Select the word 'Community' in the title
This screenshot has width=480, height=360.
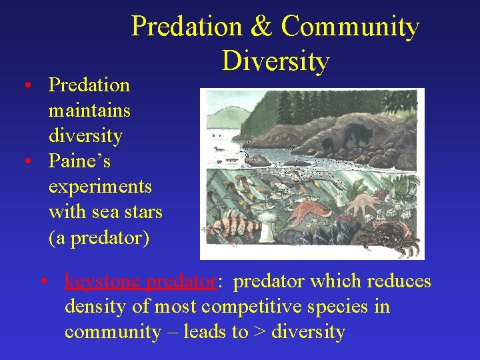pyautogui.click(x=350, y=27)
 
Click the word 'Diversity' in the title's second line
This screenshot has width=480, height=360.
pyautogui.click(x=275, y=61)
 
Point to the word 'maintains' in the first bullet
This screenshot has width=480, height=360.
pyautogui.click(x=89, y=111)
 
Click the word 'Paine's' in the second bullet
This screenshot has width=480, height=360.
pyautogui.click(x=79, y=161)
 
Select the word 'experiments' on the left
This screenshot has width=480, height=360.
pyautogui.click(x=100, y=187)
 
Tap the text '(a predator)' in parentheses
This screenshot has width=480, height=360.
pyautogui.click(x=99, y=238)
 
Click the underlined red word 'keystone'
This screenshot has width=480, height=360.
pyautogui.click(x=103, y=282)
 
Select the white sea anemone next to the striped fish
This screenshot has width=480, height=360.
pyautogui.click(x=267, y=231)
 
